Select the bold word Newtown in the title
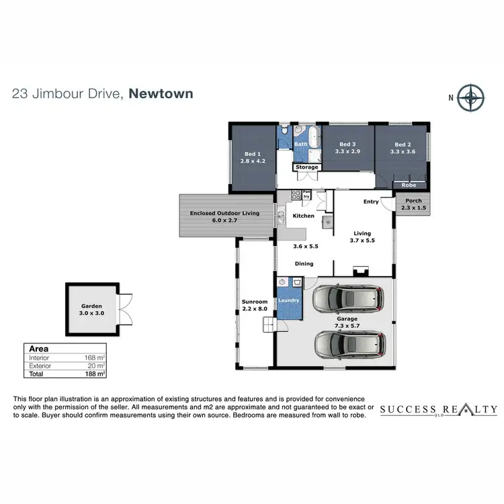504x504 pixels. [161, 93]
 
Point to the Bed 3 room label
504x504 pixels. [347, 144]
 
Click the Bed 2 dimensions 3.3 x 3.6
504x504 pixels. [403, 152]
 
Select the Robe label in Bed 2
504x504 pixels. [409, 184]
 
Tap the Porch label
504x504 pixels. [413, 200]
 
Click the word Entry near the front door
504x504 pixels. [371, 202]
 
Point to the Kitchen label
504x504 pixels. [304, 216]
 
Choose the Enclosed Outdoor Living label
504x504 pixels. [224, 213]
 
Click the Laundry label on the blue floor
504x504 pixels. [289, 300]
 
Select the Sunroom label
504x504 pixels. [255, 302]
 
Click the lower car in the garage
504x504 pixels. [349, 344]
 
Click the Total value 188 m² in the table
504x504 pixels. [96, 373]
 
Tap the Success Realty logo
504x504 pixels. [438, 410]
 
